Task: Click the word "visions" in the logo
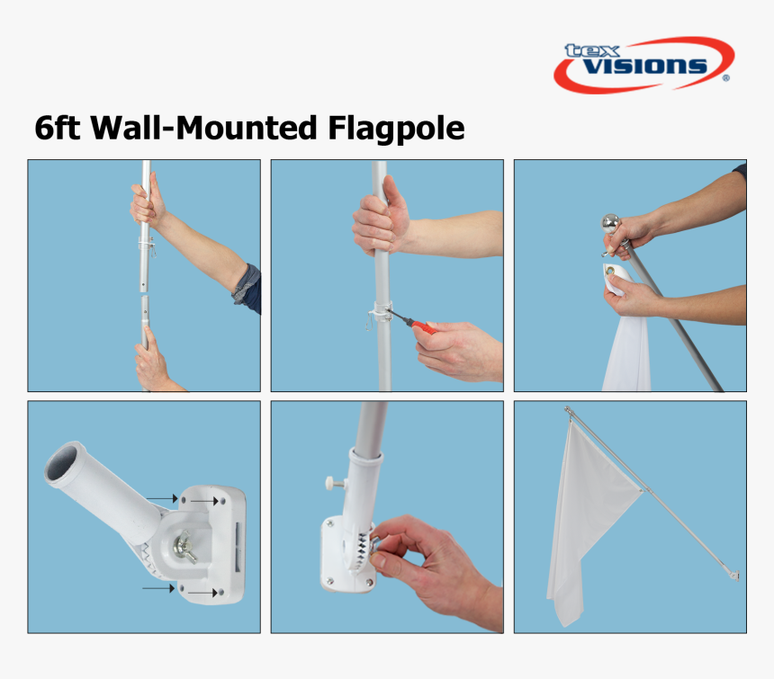point(645,66)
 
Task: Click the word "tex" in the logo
point(592,50)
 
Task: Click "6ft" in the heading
point(57,128)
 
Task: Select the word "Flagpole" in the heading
point(396,130)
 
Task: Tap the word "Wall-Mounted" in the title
point(203,128)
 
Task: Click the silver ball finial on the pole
point(611,224)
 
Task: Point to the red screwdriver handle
point(425,327)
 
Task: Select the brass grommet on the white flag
point(612,271)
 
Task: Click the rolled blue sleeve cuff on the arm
point(247,290)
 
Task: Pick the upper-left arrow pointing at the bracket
point(162,498)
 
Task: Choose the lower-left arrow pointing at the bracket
point(158,588)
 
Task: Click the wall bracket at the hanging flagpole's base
point(734,575)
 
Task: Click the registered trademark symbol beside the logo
point(725,78)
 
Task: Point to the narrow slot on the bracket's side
point(238,548)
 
